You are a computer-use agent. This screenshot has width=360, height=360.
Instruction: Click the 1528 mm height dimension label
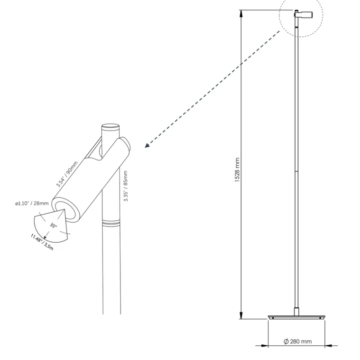click(237, 170)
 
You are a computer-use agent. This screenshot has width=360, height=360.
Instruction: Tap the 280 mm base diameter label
click(298, 341)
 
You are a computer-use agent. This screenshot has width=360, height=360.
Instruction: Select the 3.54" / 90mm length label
click(67, 174)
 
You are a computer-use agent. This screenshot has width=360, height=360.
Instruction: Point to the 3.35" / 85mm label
click(126, 186)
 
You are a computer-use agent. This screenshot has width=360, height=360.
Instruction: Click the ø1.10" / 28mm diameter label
click(32, 203)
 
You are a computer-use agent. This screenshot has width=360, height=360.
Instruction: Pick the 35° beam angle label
click(53, 226)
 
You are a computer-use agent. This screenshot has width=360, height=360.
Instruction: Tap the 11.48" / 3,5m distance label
click(42, 242)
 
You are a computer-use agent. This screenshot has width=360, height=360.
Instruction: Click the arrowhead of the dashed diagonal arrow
click(147, 145)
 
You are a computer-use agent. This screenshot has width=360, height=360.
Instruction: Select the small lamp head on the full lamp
click(303, 15)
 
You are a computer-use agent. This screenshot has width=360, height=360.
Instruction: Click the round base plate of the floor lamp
click(296, 317)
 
